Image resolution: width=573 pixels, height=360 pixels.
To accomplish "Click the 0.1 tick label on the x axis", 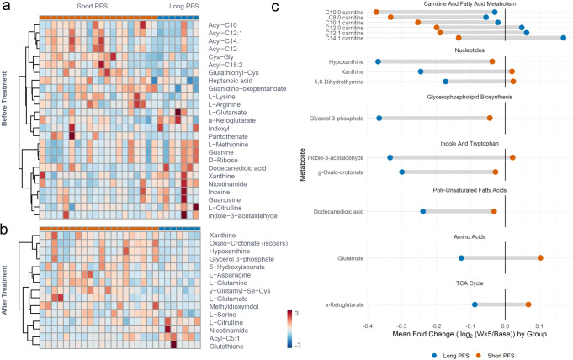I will (x=539, y=323).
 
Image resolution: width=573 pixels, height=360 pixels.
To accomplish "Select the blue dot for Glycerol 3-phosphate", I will (x=379, y=119).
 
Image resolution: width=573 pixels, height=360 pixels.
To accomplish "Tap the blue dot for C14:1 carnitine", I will (x=563, y=38).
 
